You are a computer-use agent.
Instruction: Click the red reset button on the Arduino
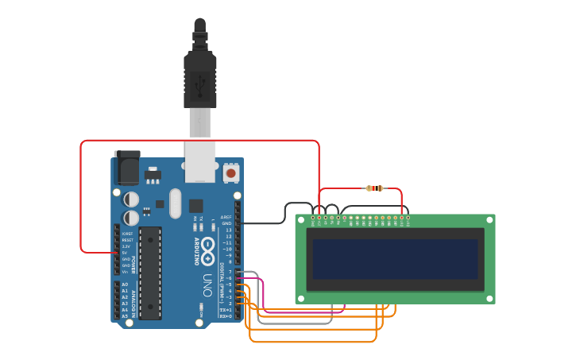pyautogui.click(x=230, y=172)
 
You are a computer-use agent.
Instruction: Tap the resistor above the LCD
pyautogui.click(x=374, y=188)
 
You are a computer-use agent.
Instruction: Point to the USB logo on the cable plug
pyautogui.click(x=200, y=81)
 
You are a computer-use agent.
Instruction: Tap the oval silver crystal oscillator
pyautogui.click(x=175, y=203)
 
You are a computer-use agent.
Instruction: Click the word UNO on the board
pyautogui.click(x=207, y=285)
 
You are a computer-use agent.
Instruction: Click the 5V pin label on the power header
pyautogui.click(x=125, y=253)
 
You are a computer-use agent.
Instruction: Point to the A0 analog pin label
pyautogui.click(x=125, y=285)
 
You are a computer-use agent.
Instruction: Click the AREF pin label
pyautogui.click(x=226, y=217)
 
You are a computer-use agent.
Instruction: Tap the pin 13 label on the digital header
pyautogui.click(x=228, y=230)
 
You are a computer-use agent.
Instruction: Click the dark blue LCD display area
pyautogui.click(x=395, y=259)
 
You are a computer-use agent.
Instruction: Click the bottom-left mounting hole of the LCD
pyautogui.click(x=303, y=297)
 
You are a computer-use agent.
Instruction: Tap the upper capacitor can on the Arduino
pyautogui.click(x=132, y=198)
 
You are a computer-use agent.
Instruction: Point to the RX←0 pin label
pyautogui.click(x=226, y=316)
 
